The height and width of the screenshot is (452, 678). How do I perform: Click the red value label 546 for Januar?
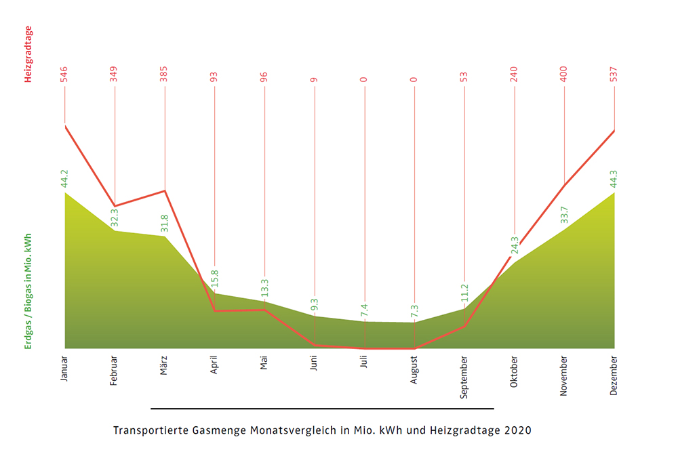(64, 74)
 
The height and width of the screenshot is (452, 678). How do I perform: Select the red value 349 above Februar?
(115, 74)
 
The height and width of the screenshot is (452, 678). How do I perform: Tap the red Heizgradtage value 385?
(164, 74)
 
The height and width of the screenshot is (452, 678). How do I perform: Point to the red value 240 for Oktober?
(515, 74)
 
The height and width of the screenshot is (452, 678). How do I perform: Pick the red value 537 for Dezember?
(614, 74)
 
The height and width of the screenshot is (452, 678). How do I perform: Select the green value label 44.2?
(64, 178)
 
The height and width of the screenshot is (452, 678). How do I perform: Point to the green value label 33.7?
(564, 214)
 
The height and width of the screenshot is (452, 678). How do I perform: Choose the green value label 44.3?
(614, 178)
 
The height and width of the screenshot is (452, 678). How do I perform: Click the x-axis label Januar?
(64, 368)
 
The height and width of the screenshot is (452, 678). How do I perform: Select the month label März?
(164, 365)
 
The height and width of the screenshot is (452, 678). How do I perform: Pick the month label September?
(464, 376)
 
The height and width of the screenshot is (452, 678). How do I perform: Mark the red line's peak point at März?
(165, 190)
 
